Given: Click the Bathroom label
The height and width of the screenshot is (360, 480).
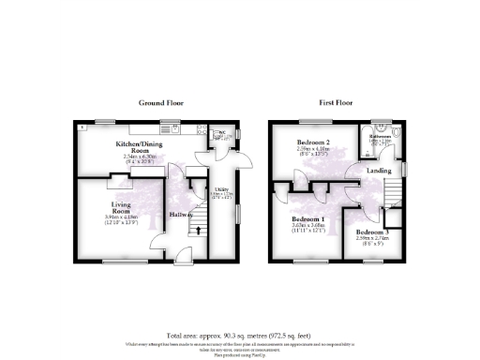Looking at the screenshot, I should pos(380,136).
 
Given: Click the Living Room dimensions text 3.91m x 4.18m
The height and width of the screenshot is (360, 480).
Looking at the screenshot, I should pos(106,217).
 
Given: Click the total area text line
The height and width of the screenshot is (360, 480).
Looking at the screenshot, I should pos(240,335).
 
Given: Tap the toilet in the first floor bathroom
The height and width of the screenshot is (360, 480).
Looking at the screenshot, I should pos(395,133).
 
